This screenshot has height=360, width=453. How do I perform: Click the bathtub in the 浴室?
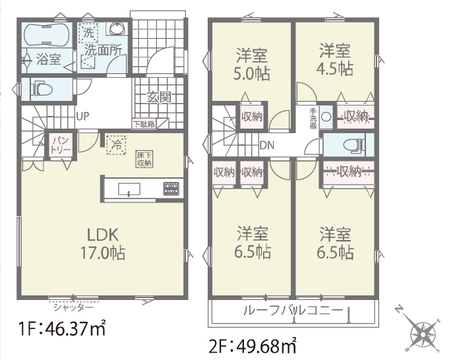tap(46, 34)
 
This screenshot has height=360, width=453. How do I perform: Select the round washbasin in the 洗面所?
tap(117, 28)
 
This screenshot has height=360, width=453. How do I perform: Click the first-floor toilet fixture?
tap(42, 89)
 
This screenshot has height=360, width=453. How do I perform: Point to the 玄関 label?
tap(159, 97)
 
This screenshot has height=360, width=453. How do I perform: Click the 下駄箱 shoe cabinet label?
tap(144, 124)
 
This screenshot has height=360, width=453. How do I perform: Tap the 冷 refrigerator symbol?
tap(117, 144)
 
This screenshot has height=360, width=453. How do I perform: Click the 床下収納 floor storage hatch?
tap(144, 159)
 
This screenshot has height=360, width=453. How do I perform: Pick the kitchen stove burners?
tap(171, 189)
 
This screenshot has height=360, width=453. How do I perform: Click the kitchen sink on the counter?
tap(129, 189)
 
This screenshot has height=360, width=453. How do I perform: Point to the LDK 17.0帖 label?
tap(103, 244)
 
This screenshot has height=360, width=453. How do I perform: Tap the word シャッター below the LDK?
tap(73, 307)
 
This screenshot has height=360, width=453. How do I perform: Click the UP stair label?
tap(82, 116)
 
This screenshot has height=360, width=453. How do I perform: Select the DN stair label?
tap(266, 145)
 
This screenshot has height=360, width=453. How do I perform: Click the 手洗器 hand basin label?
tap(313, 118)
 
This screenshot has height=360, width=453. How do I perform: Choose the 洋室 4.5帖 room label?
tap(335, 60)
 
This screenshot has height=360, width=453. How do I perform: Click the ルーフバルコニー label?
tap(293, 311)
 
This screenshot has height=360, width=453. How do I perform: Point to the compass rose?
tap(423, 334)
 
